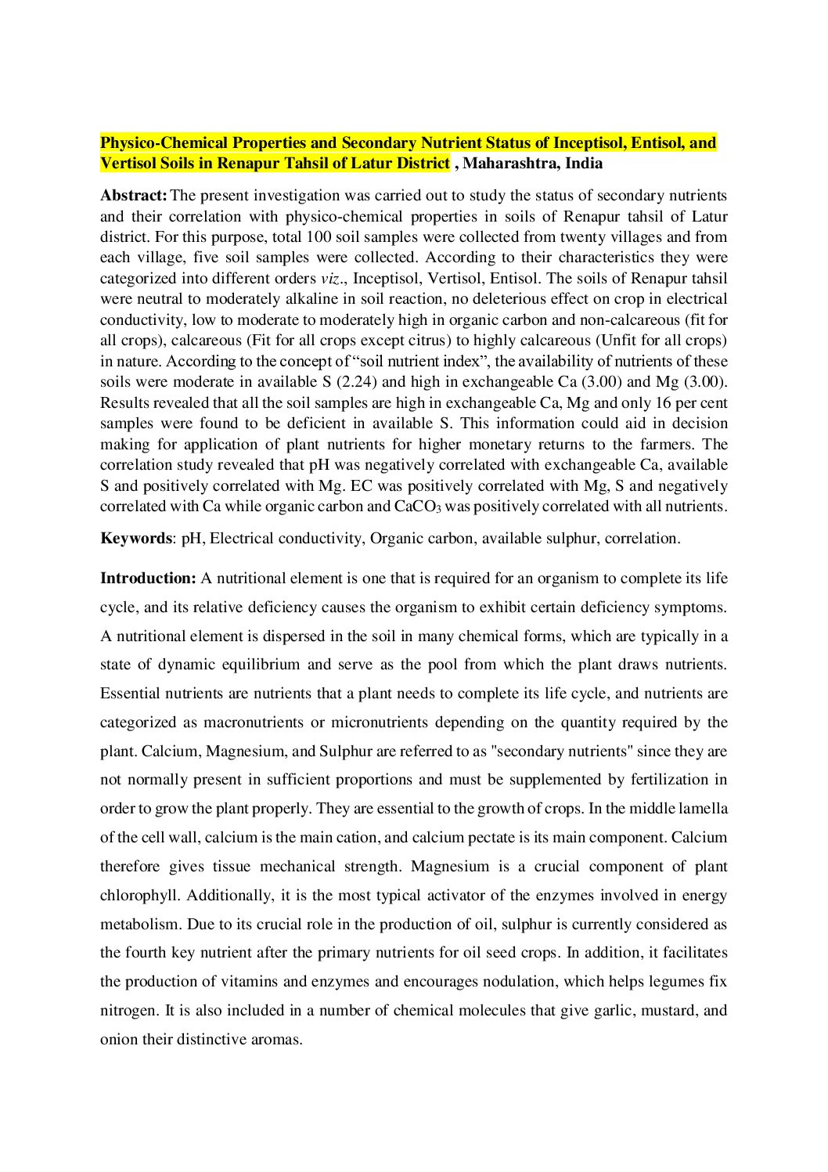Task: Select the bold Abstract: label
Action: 133,196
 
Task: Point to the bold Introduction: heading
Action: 148,579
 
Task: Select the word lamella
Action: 704,809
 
